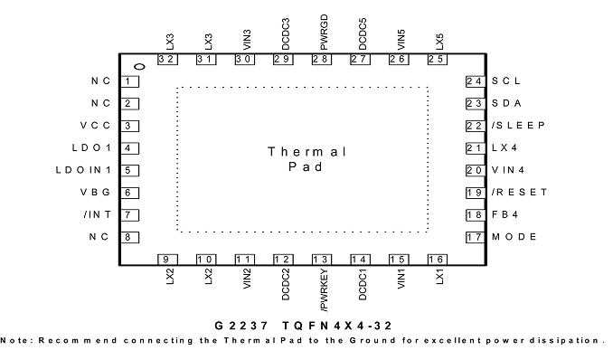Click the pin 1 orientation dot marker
(x=139, y=67)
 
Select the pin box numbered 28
(x=322, y=60)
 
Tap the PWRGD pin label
(x=324, y=33)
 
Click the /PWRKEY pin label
(x=324, y=290)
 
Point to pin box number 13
(x=322, y=260)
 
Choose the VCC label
(x=96, y=126)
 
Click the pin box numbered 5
(x=129, y=171)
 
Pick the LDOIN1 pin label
(x=83, y=170)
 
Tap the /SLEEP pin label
(x=518, y=126)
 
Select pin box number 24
(x=476, y=81)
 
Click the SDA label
(x=506, y=103)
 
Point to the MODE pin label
(x=514, y=237)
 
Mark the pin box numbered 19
(x=476, y=193)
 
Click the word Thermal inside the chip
(x=306, y=152)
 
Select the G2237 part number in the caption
(x=241, y=326)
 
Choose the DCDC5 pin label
(x=363, y=34)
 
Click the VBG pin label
(x=96, y=193)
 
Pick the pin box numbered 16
(x=437, y=260)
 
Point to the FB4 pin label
(x=505, y=215)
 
